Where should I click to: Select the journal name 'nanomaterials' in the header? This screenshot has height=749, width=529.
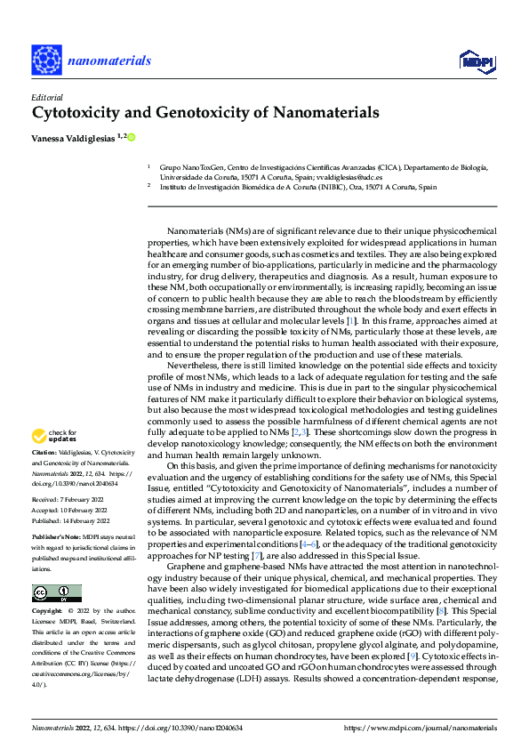click(x=111, y=60)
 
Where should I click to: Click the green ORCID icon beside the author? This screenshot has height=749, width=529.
click(x=132, y=138)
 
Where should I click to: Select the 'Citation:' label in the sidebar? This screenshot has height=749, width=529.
click(x=45, y=454)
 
